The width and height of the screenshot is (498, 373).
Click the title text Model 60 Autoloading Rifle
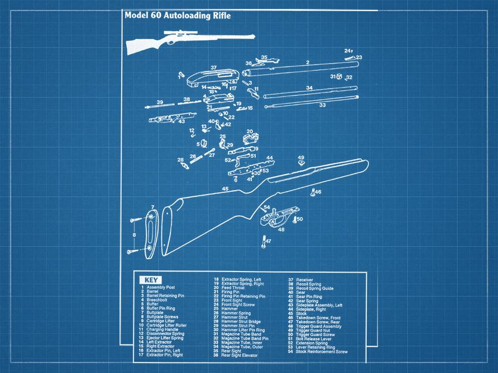coord(178,16)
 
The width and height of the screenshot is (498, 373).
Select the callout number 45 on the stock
coord(225,189)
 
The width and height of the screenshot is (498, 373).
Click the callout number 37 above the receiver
coord(213,67)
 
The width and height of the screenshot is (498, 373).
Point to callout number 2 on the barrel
coord(308,62)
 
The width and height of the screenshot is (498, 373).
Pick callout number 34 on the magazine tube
coord(309,88)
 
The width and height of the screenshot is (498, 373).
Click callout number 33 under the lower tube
coord(322,105)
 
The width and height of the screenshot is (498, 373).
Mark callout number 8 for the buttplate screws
coord(133,235)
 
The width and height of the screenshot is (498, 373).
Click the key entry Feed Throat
coord(233,288)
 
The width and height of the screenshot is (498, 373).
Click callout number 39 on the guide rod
coord(160,102)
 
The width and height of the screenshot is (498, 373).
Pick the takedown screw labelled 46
coord(312,192)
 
